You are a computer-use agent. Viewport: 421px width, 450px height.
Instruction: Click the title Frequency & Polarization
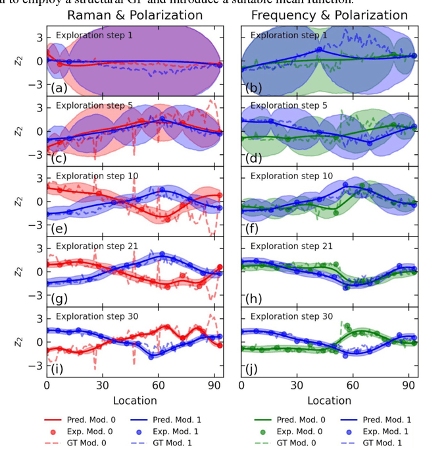330,15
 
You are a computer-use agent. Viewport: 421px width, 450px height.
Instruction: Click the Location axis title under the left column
134,400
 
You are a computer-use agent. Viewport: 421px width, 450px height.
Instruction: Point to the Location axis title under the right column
329,400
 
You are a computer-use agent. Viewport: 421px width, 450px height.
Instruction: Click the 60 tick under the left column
157,385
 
